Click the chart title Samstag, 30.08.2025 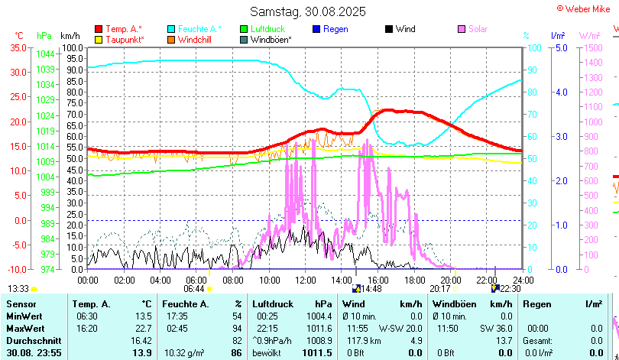[x=308, y=11]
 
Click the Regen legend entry [x=335, y=29]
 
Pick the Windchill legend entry [x=196, y=39]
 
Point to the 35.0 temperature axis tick [x=18, y=47]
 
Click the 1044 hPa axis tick [x=45, y=54]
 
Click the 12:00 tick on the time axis [x=305, y=280]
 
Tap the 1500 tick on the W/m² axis [x=591, y=47]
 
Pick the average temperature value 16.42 [x=141, y=340]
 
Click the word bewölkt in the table [x=267, y=352]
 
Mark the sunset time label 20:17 [x=439, y=288]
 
